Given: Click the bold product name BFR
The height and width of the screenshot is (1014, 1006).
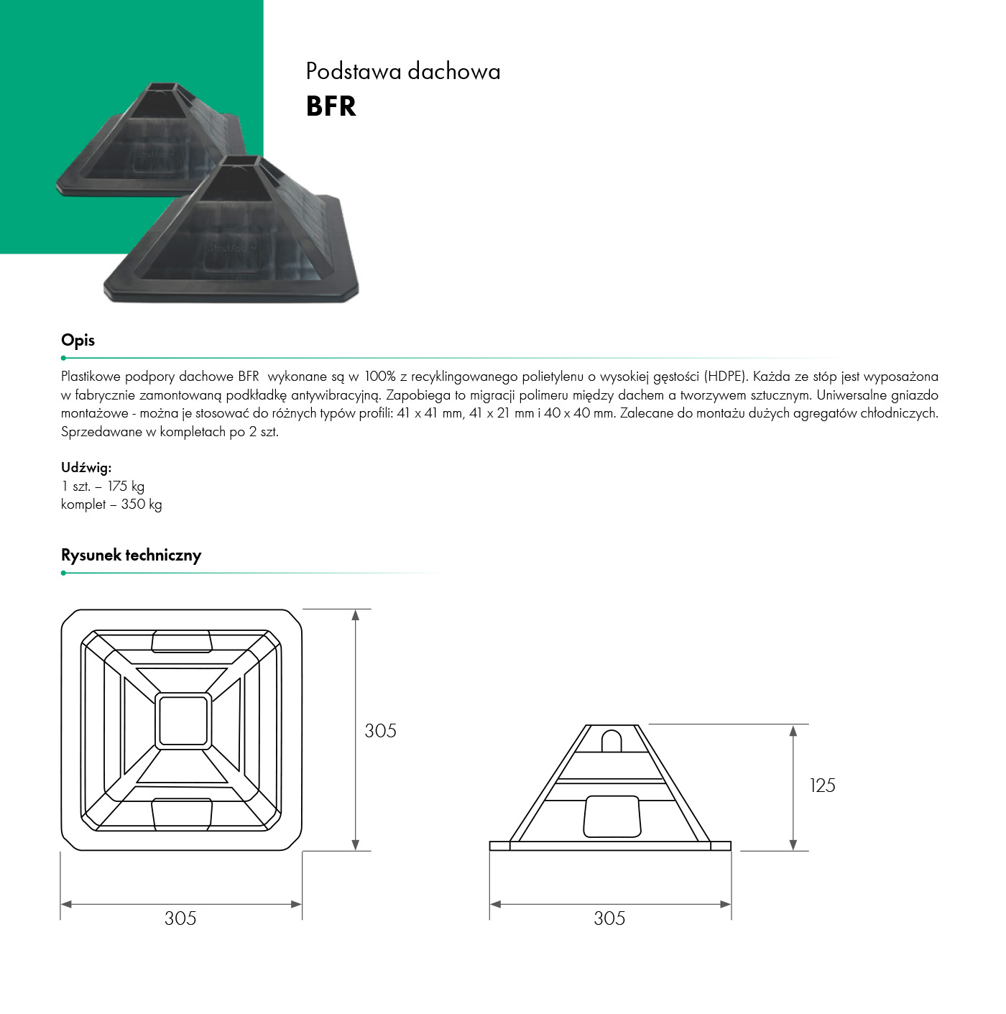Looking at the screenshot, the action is (x=331, y=106).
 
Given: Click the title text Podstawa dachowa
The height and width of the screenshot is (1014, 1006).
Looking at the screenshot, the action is (x=403, y=72).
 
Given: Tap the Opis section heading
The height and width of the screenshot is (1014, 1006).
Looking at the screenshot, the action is (x=78, y=341).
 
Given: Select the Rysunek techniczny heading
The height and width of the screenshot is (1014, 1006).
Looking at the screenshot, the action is (x=131, y=555).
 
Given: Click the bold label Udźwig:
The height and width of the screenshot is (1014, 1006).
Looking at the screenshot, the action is (x=86, y=467).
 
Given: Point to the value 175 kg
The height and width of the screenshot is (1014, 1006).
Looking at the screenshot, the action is (x=126, y=487).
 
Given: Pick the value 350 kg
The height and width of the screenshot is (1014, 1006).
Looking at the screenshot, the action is (x=142, y=504).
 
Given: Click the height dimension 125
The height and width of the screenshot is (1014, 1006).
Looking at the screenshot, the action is (x=822, y=785).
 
